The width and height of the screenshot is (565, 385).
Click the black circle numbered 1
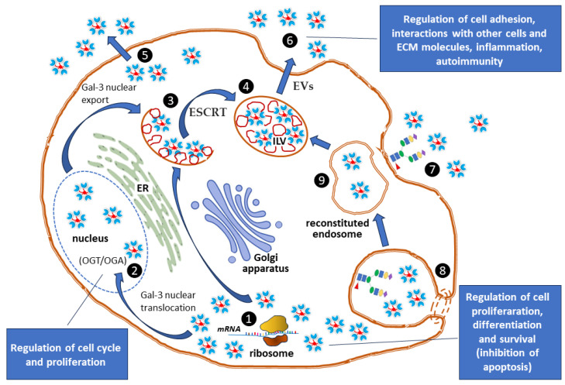(249, 318)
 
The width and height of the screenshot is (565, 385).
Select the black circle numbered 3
(171, 101)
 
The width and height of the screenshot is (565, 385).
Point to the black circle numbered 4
(246, 87)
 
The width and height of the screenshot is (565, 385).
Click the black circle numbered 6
(290, 40)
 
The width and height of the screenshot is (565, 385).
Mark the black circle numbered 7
(432, 169)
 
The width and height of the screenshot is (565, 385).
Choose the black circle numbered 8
(443, 270)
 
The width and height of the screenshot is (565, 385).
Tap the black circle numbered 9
(322, 180)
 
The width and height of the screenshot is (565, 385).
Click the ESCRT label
(208, 112)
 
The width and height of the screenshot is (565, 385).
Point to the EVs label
(303, 87)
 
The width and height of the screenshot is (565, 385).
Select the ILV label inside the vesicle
(279, 141)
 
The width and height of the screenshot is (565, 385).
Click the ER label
(143, 187)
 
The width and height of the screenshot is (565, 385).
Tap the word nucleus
(90, 238)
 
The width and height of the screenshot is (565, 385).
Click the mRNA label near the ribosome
(229, 328)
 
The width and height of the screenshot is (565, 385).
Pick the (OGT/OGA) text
(103, 260)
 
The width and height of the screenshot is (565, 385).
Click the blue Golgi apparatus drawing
(237, 221)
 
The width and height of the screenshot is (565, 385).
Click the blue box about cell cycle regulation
(67, 354)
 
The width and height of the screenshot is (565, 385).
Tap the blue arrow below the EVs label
(286, 77)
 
